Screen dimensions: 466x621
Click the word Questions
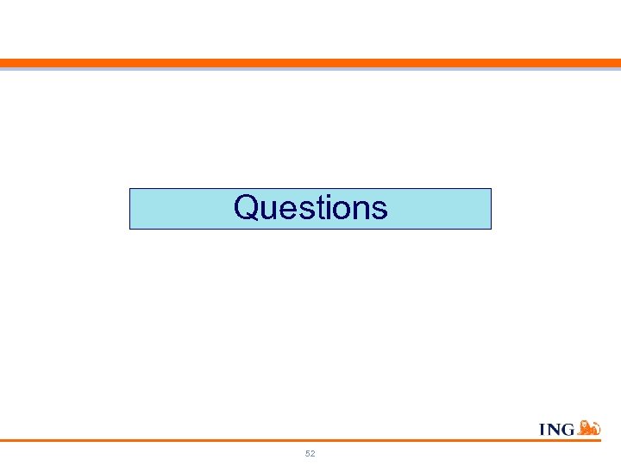point(310,208)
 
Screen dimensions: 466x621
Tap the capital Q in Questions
point(248,208)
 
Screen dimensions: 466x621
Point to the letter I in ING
point(543,429)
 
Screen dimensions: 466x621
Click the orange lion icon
point(588,426)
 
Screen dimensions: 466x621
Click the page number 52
point(310,453)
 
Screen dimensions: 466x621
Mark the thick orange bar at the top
point(310,63)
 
